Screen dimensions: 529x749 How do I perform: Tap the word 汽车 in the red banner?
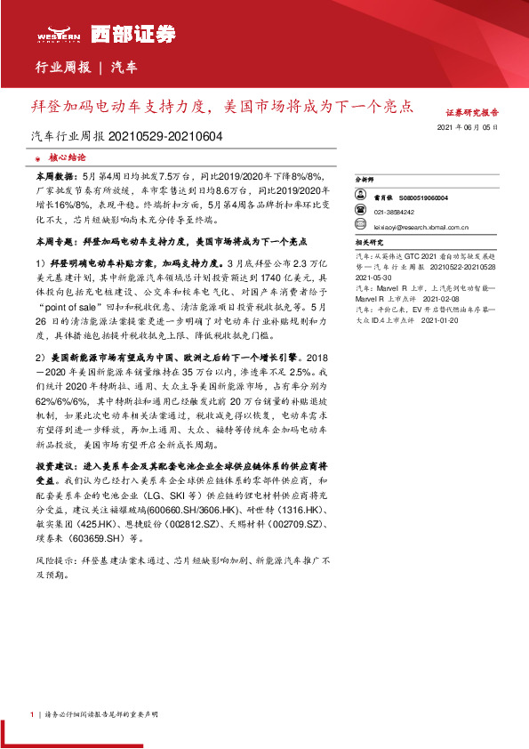pyautogui.click(x=124, y=67)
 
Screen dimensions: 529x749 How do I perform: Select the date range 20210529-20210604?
pyautogui.click(x=166, y=137)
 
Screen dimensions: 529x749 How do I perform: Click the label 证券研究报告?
pyautogui.click(x=470, y=113)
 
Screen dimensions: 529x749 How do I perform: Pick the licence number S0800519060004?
pyautogui.click(x=423, y=197)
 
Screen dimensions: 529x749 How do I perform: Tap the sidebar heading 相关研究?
pyautogui.click(x=368, y=241)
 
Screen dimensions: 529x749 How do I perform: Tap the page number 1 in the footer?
pyautogui.click(x=32, y=713)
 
